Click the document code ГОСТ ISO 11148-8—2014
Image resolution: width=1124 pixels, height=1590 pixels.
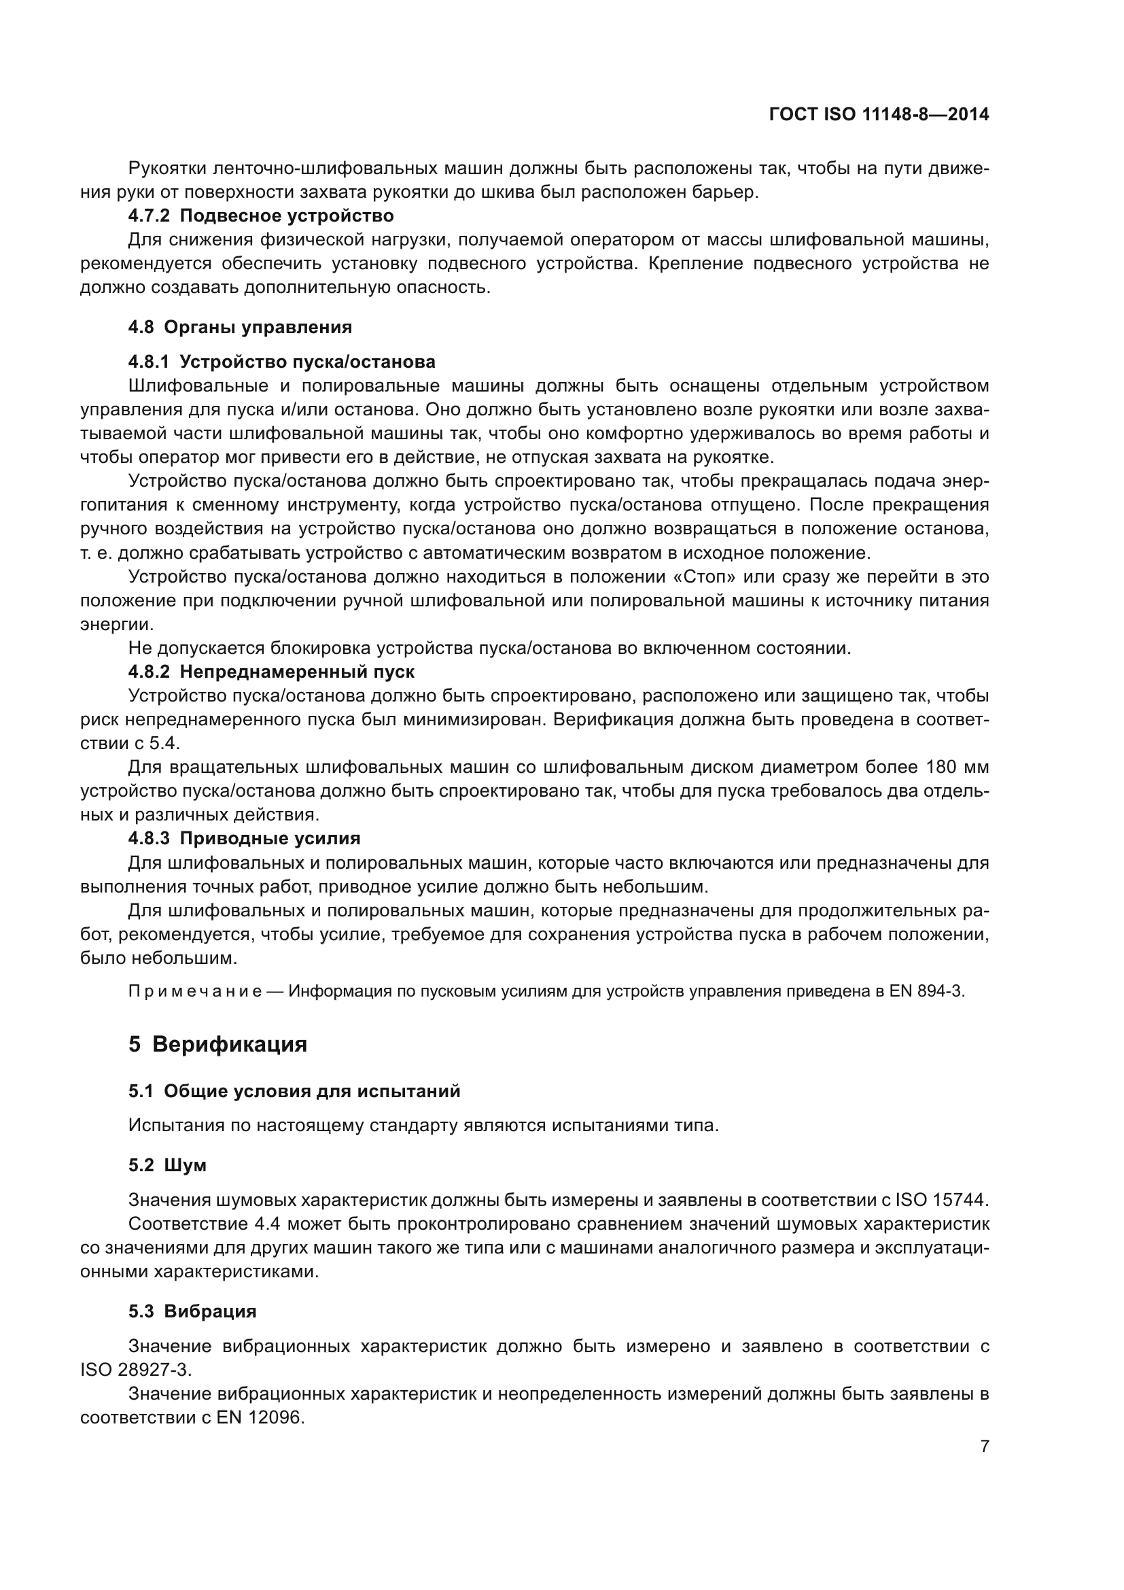878,114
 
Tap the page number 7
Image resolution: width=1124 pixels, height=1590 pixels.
984,1446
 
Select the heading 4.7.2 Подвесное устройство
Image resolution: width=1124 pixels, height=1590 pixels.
261,216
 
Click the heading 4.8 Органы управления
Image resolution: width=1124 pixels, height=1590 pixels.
240,327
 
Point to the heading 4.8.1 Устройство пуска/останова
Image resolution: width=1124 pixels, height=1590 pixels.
282,362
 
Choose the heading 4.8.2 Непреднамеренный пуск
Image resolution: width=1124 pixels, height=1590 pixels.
271,672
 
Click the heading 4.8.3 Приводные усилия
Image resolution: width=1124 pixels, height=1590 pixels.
245,839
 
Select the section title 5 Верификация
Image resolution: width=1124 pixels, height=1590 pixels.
218,1043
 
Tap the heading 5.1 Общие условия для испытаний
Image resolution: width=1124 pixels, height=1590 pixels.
294,1092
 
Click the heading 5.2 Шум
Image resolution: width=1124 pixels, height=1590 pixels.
167,1166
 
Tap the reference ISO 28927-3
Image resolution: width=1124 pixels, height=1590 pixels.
136,1370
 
